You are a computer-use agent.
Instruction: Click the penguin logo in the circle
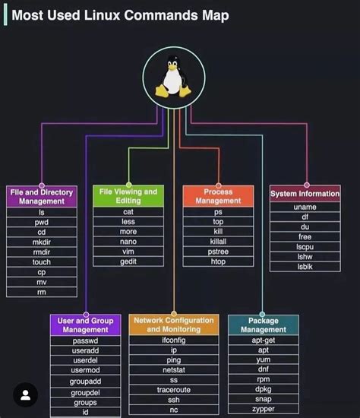tap(174, 77)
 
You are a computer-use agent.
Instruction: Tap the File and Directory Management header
tap(42, 197)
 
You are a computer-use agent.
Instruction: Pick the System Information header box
tap(305, 194)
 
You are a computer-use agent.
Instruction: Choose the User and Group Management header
tap(86, 325)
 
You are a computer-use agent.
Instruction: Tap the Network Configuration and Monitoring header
tap(174, 325)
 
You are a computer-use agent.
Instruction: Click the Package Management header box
tap(263, 325)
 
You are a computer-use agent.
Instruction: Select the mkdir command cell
tap(42, 242)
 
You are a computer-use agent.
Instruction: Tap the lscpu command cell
tap(305, 247)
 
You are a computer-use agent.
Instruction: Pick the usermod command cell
tap(86, 369)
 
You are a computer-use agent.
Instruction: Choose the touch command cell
tap(42, 261)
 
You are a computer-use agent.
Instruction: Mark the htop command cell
tap(218, 261)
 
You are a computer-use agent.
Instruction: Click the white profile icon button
tap(26, 394)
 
